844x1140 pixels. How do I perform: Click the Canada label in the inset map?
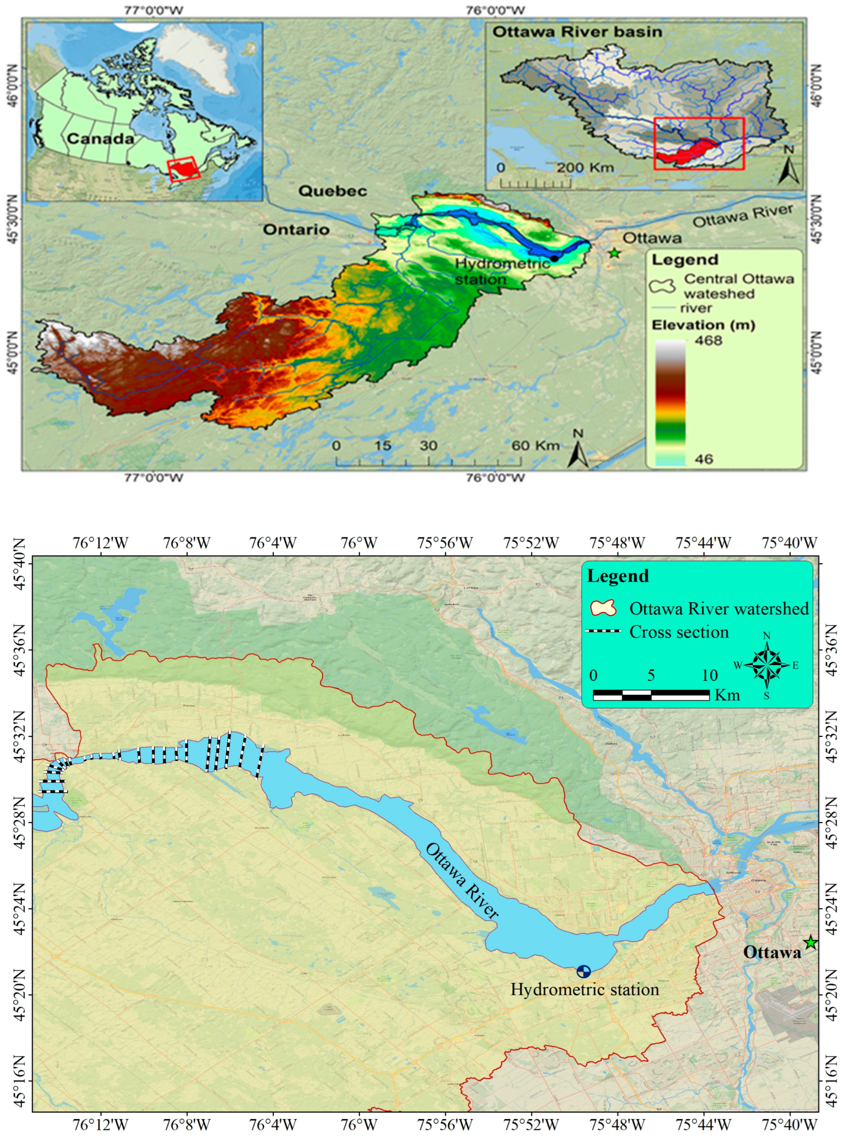(100, 139)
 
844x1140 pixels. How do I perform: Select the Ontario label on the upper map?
(296, 229)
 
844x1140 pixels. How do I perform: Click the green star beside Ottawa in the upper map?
(614, 253)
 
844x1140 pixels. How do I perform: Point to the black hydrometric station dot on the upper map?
(554, 258)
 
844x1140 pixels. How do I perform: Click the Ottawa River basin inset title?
(577, 32)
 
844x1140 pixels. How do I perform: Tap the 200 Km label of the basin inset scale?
(585, 167)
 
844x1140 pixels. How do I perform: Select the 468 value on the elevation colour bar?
(708, 341)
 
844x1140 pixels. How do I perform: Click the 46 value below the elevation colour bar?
(704, 459)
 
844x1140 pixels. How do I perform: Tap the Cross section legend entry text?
(678, 632)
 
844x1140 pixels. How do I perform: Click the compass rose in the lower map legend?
(767, 665)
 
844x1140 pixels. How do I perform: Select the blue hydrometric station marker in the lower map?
(584, 972)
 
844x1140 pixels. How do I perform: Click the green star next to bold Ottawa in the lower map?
(811, 942)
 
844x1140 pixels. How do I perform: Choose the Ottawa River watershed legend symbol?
(603, 608)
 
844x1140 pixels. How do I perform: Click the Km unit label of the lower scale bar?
(727, 695)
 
